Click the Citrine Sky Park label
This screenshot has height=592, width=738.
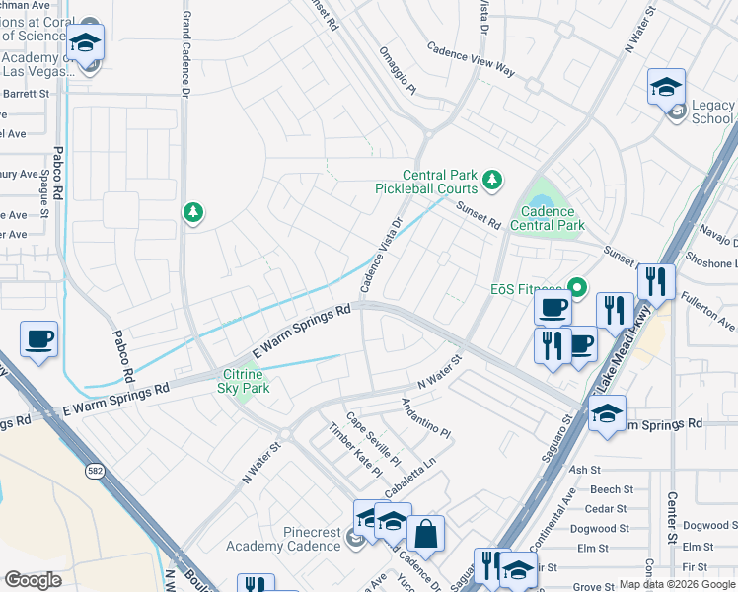(x=244, y=381)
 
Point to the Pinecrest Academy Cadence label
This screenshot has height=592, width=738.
(x=283, y=539)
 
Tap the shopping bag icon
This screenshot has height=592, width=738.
(x=425, y=535)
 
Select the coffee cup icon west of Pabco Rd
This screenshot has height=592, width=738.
(x=39, y=339)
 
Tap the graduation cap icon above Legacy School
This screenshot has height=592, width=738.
(x=667, y=87)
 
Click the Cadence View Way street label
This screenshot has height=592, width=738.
(x=471, y=59)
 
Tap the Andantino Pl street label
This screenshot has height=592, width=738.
(x=425, y=419)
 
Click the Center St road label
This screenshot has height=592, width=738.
(x=670, y=518)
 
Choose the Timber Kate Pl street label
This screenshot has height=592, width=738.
(x=355, y=450)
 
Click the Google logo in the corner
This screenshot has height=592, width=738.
(x=34, y=579)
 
